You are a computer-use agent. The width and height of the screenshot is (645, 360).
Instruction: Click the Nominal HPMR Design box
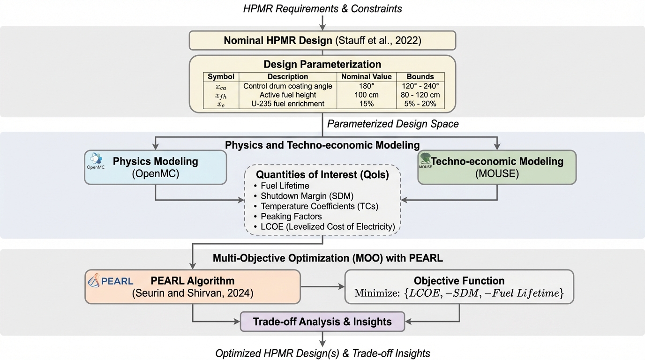[x=322, y=40]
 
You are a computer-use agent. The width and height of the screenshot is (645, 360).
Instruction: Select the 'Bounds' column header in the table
[x=420, y=76]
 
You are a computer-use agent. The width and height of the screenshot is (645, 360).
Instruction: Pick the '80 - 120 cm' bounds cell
[x=420, y=95]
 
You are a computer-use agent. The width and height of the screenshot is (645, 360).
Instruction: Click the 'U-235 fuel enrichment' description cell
[x=287, y=104]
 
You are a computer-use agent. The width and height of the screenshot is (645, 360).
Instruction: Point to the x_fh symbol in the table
[x=221, y=95]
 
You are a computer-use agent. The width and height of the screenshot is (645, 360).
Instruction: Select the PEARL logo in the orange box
[x=111, y=281]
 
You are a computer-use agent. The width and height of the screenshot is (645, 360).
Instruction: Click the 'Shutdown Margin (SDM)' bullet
[x=307, y=196]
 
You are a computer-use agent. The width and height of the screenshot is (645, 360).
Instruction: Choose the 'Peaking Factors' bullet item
[x=291, y=217]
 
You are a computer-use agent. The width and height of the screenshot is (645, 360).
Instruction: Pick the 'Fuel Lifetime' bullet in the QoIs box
[x=285, y=186]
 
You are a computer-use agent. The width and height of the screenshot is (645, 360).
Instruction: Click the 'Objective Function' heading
[x=459, y=281]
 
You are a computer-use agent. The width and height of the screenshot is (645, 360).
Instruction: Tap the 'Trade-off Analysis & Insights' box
[x=322, y=322]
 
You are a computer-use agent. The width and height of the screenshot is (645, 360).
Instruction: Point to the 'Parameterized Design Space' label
[x=392, y=124]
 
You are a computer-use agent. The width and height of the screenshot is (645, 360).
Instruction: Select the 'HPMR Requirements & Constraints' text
[x=322, y=8]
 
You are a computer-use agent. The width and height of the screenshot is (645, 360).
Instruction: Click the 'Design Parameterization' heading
[x=322, y=64]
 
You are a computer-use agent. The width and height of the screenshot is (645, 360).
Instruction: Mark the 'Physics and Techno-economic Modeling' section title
[x=322, y=145]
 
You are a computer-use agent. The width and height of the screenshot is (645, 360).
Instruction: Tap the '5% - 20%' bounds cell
[x=420, y=104]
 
